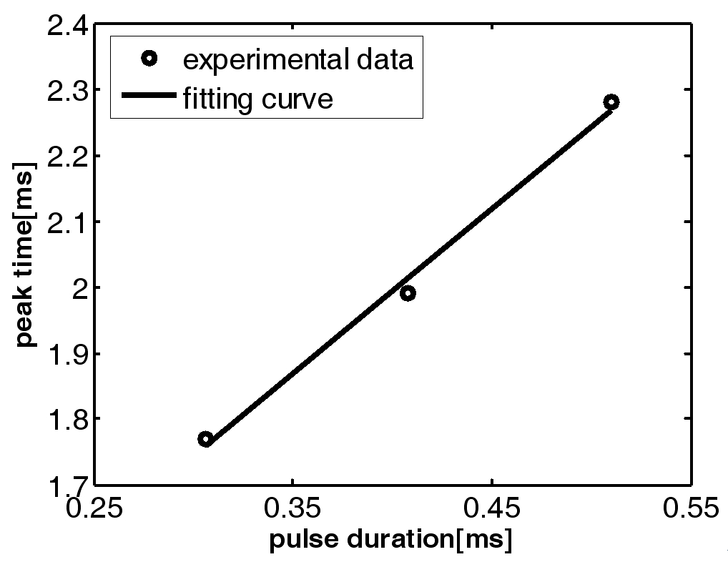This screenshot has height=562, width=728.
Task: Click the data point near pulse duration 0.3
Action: (x=206, y=439)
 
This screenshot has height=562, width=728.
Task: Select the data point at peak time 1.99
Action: (x=408, y=293)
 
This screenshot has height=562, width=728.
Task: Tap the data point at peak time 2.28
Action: (x=611, y=102)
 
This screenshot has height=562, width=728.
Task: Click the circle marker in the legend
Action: (x=149, y=60)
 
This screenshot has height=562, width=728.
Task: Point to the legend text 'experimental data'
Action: (x=298, y=60)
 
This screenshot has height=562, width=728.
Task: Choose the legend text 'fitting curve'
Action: (x=258, y=98)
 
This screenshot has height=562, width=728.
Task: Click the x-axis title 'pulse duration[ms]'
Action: (x=390, y=541)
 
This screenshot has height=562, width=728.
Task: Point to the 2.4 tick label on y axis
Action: (x=65, y=26)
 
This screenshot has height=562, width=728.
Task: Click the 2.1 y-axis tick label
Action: (x=65, y=222)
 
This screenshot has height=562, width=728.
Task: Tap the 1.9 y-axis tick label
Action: (x=65, y=353)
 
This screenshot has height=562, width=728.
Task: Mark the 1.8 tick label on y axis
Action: (x=65, y=419)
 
